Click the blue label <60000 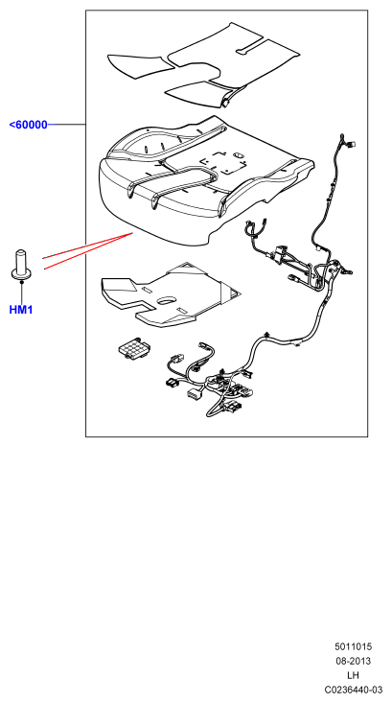click(x=28, y=125)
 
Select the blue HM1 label click(x=21, y=310)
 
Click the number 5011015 click(x=353, y=646)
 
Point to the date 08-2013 click(x=354, y=661)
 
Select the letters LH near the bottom click(x=354, y=675)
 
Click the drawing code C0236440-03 click(x=354, y=690)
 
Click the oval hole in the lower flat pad click(x=167, y=300)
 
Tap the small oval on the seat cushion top click(x=239, y=155)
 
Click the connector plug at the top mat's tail click(x=225, y=104)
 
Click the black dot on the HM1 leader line click(x=21, y=283)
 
